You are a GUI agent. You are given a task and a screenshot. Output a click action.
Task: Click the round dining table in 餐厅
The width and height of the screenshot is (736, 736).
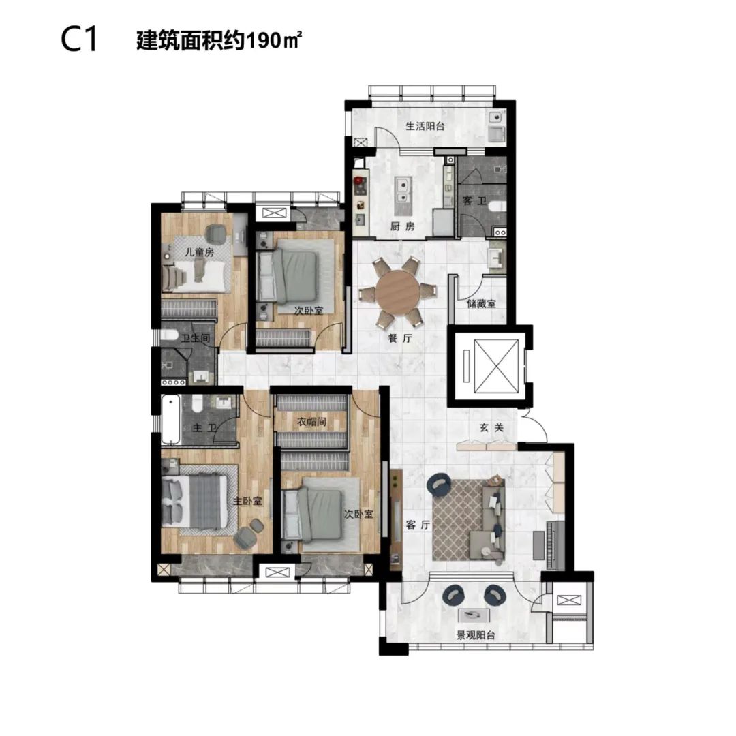397,293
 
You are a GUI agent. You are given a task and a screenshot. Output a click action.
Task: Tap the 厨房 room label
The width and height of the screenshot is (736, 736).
402,226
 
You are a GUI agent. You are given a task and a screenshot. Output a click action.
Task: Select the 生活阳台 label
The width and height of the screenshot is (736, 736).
425,126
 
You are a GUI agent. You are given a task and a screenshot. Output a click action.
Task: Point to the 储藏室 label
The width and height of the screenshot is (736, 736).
481,304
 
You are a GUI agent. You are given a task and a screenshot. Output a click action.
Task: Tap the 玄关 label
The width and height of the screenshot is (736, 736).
491,427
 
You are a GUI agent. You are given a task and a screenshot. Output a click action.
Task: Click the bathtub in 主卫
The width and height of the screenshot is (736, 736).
171,420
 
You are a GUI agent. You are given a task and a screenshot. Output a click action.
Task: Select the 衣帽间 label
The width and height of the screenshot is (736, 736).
311,422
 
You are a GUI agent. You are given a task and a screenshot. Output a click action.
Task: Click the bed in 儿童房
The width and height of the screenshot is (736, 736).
194,277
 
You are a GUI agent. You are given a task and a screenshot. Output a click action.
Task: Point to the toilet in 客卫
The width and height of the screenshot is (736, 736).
497,206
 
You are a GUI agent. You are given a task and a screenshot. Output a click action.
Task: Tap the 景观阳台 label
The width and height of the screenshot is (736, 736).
476,635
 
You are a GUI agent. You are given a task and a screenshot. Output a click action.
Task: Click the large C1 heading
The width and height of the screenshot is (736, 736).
79,40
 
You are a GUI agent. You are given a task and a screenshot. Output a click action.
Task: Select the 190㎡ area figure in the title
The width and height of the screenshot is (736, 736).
273,41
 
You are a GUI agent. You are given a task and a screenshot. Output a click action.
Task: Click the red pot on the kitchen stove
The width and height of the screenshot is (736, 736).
360,180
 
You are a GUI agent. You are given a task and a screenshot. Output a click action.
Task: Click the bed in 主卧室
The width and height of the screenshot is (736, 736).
191,501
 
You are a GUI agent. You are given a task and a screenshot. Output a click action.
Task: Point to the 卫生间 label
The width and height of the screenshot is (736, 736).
196,338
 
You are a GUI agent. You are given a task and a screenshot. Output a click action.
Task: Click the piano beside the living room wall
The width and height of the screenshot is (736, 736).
554,544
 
